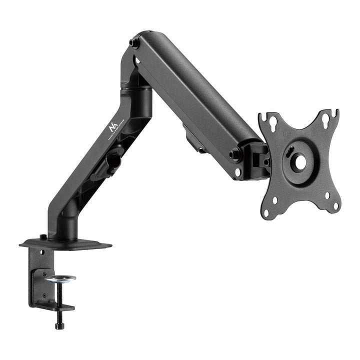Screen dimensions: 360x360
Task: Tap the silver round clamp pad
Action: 60,278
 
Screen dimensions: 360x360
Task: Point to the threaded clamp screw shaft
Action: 60,297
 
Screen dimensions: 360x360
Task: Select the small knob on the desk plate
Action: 43,237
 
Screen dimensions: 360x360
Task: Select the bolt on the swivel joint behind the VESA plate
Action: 266,161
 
